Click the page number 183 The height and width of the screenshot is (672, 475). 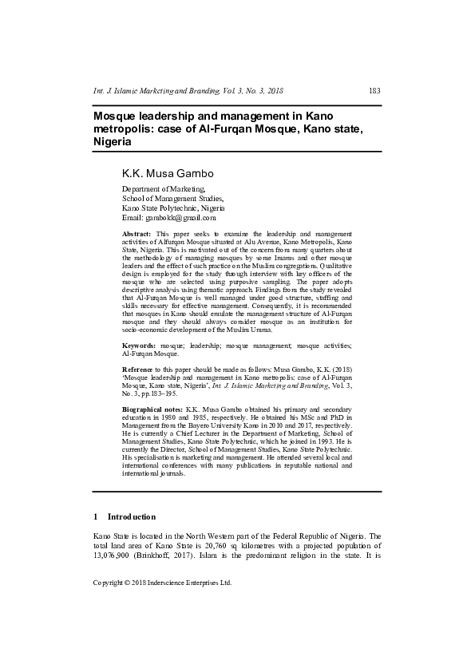(x=374, y=91)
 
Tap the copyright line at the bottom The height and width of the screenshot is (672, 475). (x=162, y=583)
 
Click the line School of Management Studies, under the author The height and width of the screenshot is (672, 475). (x=172, y=199)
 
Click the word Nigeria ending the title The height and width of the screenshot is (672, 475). (x=112, y=141)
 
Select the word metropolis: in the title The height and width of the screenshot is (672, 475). (x=129, y=129)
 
